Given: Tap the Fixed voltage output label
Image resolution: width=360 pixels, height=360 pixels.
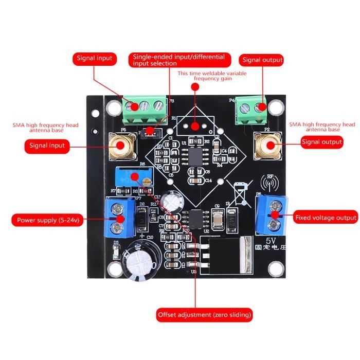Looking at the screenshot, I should (x=326, y=218).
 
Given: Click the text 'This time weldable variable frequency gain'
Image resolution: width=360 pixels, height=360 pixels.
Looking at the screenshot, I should (x=212, y=76).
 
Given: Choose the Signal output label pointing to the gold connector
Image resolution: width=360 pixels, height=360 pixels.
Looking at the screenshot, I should (x=321, y=142).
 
